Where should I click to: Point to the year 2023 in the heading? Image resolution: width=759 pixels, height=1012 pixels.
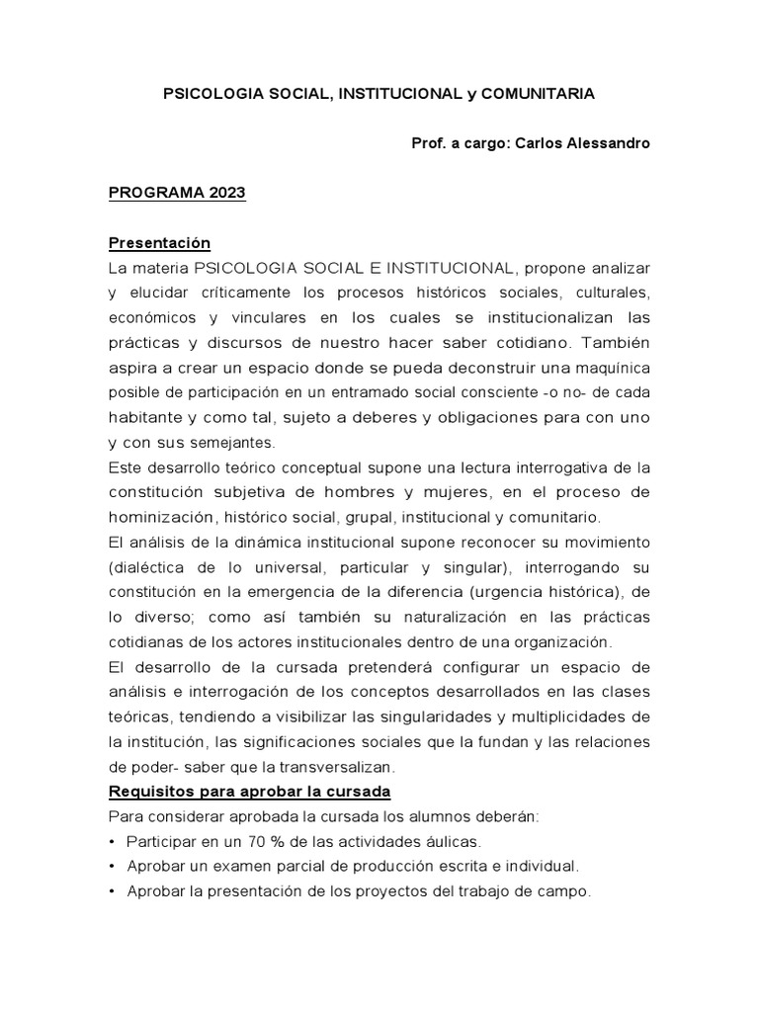tap(227, 194)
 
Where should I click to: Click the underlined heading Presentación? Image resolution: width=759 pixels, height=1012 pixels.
tap(159, 243)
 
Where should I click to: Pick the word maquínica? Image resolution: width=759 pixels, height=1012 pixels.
tap(611, 367)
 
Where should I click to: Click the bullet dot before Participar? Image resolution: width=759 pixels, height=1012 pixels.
tap(114, 841)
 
